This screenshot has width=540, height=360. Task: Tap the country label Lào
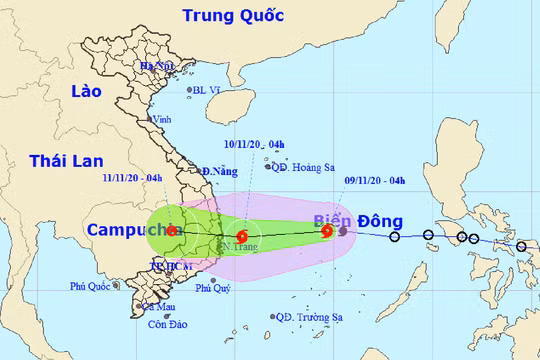[87, 92]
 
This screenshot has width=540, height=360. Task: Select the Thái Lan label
[60, 161]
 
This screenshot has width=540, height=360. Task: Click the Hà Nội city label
[157, 66]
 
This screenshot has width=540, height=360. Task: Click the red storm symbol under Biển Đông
[327, 232]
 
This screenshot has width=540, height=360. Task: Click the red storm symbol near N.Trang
[242, 237]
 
